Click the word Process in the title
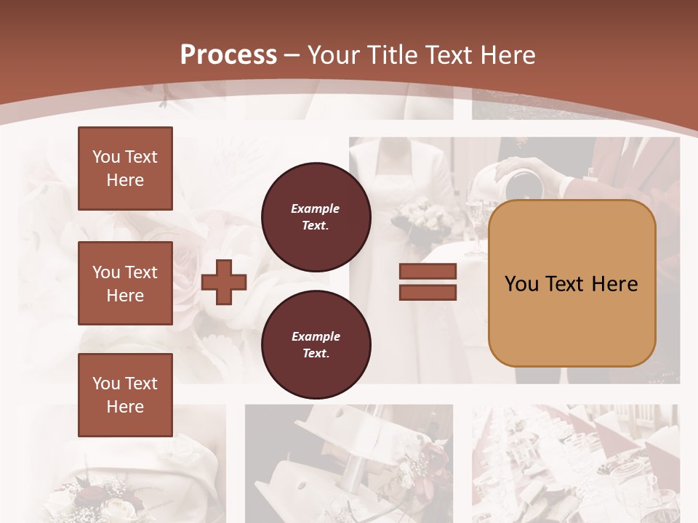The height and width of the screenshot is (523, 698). [228, 55]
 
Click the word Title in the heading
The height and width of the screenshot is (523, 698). [392, 55]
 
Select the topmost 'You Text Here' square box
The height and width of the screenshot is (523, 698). [125, 169]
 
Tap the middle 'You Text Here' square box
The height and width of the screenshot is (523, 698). [125, 283]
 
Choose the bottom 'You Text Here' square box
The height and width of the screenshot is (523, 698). [125, 395]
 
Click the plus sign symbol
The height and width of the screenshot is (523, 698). [224, 282]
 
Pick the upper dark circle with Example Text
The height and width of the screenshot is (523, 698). [316, 216]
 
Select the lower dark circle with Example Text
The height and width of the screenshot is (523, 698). [316, 344]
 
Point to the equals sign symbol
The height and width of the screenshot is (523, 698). [428, 282]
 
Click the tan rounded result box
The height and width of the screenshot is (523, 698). [571, 283]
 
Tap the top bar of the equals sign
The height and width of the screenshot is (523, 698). [428, 272]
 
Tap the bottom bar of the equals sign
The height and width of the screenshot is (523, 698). [428, 292]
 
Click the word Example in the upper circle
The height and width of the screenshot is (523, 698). [316, 208]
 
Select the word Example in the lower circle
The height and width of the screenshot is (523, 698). [316, 336]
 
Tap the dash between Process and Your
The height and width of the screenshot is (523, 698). [292, 55]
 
